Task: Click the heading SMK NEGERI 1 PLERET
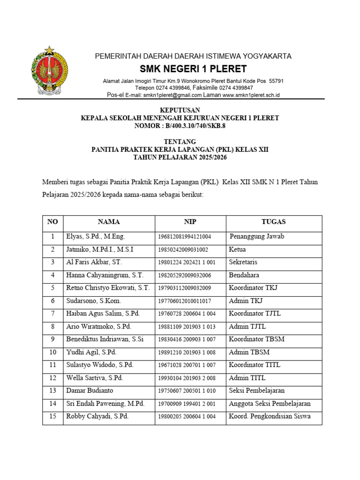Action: (193, 69)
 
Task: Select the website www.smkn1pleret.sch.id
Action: (251, 95)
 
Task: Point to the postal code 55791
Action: (276, 81)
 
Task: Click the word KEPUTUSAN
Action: (180, 111)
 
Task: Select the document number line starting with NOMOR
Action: (180, 126)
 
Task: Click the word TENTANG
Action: (180, 142)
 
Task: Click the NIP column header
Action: (190, 222)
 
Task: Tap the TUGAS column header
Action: (273, 222)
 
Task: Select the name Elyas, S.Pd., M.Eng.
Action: (96, 237)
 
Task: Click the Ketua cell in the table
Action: (237, 249)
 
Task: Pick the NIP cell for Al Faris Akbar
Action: (187, 262)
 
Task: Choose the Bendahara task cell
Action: (244, 275)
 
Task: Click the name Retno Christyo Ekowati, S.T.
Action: (108, 288)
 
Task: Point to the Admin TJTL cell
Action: (247, 326)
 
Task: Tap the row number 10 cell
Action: (53, 352)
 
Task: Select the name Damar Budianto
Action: (90, 390)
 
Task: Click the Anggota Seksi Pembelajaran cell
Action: (270, 404)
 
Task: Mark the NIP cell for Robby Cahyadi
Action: (187, 416)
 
